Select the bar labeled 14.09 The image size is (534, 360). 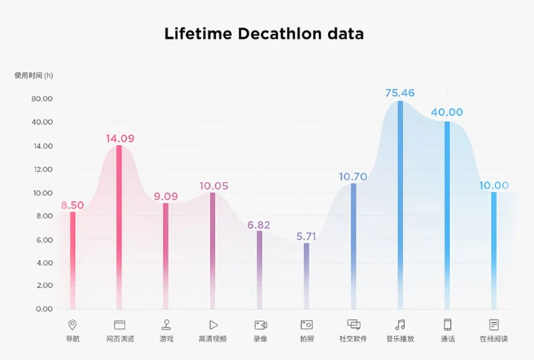119,223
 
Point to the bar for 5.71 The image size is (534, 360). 306,275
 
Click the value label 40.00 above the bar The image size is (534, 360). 447,113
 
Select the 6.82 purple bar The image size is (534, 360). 260,267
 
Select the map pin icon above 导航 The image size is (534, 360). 72,324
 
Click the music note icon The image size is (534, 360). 400,324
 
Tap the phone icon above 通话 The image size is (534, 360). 447,324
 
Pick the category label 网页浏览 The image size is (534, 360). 119,339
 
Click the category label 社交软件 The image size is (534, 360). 353,339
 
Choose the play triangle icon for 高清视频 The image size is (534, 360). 213,324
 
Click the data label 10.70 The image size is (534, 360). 354,177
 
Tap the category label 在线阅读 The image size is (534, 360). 494,339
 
